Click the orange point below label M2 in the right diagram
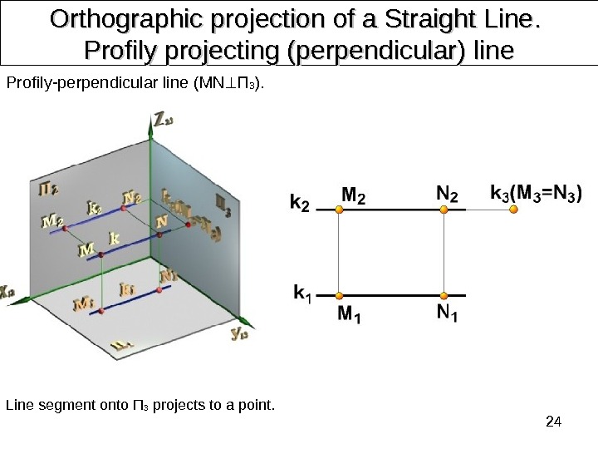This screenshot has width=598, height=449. point(339,210)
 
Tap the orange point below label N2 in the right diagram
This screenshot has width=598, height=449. point(445,210)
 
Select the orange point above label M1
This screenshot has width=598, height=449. point(339,295)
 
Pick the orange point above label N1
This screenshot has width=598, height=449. point(445,295)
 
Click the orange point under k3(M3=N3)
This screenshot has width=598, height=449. point(513,210)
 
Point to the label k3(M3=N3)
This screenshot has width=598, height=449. point(536,193)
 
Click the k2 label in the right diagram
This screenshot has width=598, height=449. point(300,202)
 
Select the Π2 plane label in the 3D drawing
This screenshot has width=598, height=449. point(48,190)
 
